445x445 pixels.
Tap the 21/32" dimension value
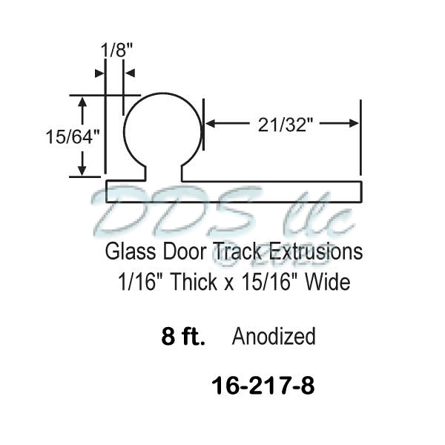(283, 125)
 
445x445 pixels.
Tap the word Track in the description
(239, 252)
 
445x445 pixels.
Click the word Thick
(193, 283)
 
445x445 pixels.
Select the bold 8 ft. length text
(183, 337)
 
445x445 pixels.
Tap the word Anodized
(274, 337)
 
